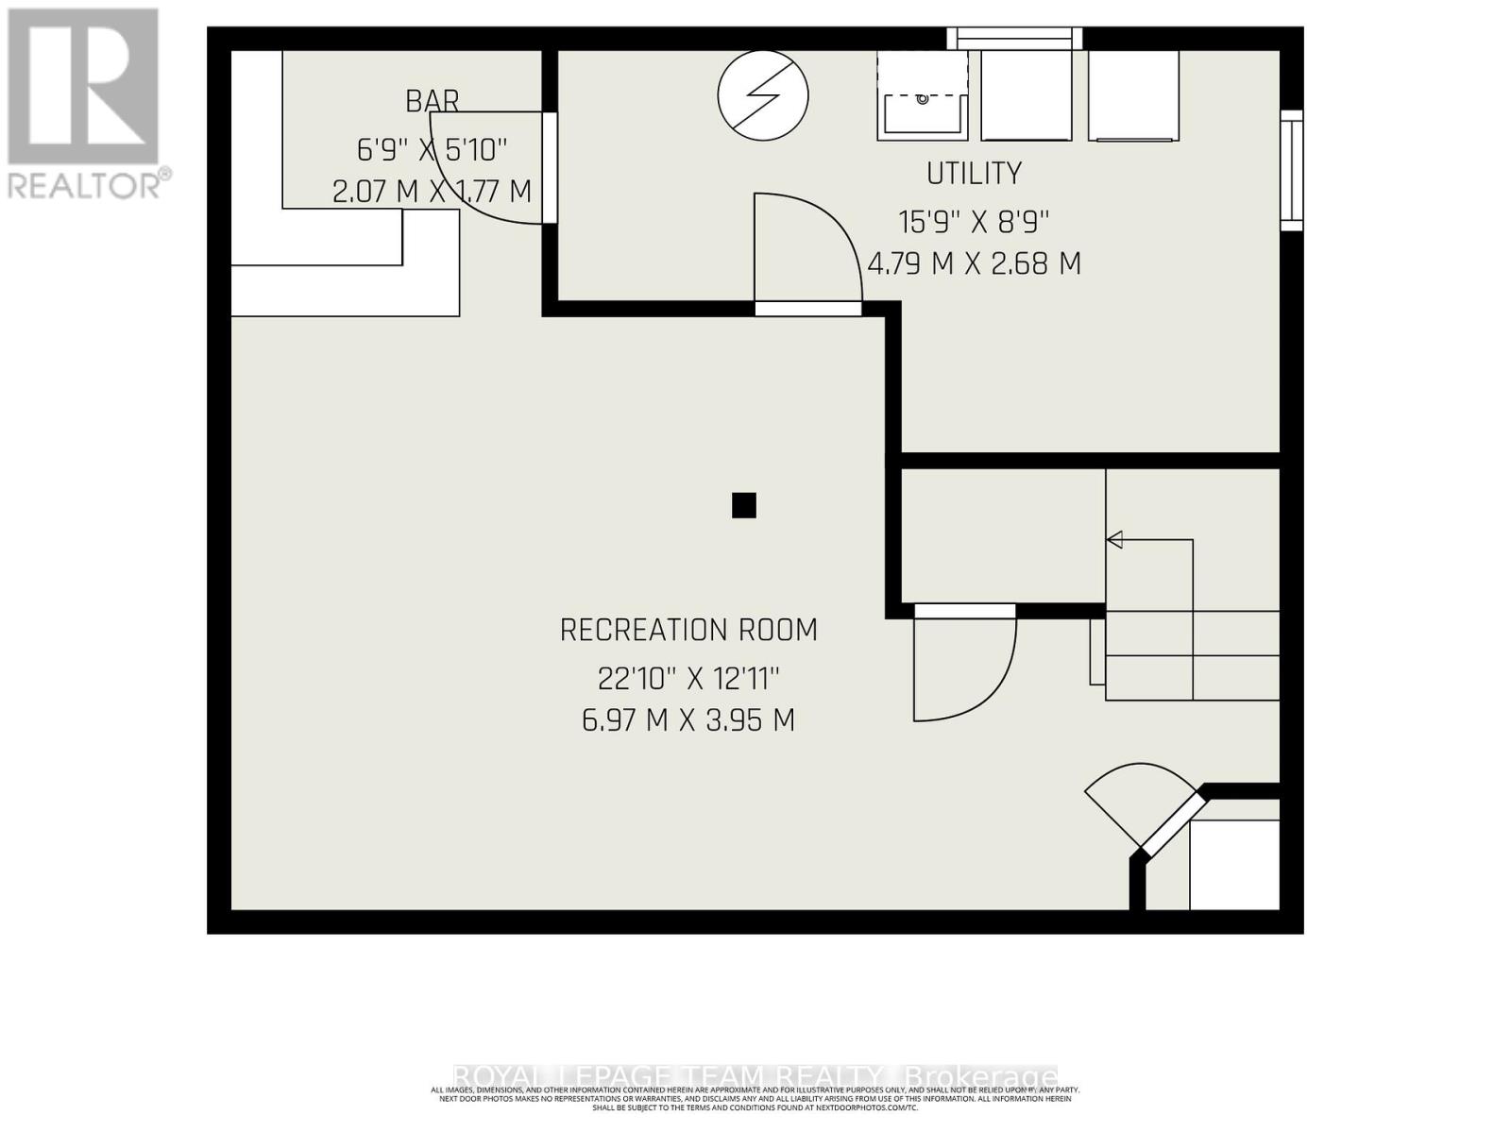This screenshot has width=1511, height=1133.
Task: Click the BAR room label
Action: [x=433, y=100]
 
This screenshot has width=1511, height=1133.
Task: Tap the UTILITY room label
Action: [x=974, y=174]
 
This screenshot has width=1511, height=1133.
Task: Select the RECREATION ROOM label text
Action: [x=688, y=630]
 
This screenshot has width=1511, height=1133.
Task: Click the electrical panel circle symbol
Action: [x=763, y=94]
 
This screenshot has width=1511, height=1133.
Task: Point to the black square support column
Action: [x=744, y=506]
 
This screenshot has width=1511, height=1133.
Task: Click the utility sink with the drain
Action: [x=923, y=95]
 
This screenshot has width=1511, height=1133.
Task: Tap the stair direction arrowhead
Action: [x=1114, y=540]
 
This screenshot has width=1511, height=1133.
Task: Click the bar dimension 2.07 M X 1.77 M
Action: [x=433, y=192]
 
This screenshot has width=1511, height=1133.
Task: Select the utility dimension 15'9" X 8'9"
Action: [x=974, y=222]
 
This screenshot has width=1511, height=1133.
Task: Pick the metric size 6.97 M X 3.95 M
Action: [x=688, y=720]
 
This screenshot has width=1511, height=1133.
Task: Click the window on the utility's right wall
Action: [x=1291, y=171]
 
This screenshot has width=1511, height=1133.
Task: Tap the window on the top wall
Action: [x=1015, y=39]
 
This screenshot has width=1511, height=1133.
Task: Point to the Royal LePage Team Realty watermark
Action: [x=755, y=1076]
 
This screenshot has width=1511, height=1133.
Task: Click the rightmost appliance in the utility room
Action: [x=1133, y=95]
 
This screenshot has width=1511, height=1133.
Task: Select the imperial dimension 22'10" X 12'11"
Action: [x=688, y=678]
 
